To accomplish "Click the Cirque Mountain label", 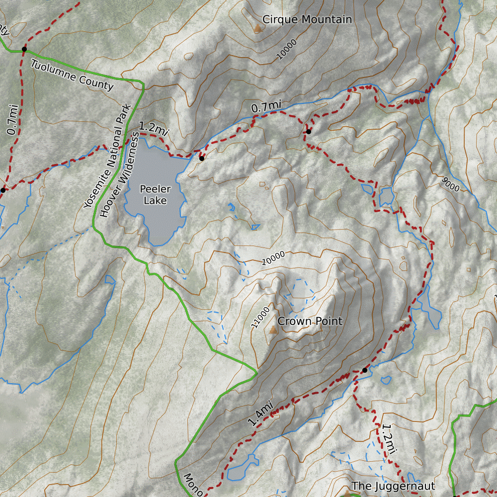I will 307,19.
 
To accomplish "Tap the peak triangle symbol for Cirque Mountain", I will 257,28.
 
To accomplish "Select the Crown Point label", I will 310,321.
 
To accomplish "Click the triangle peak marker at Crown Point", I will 272,330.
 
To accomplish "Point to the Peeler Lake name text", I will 155,195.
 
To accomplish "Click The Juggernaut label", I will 393,486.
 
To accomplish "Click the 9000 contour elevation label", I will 450,183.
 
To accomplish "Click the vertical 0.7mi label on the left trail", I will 13,119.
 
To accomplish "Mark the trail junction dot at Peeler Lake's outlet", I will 201,159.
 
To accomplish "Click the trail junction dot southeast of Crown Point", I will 364,370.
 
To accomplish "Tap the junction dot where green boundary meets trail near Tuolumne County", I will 24,49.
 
